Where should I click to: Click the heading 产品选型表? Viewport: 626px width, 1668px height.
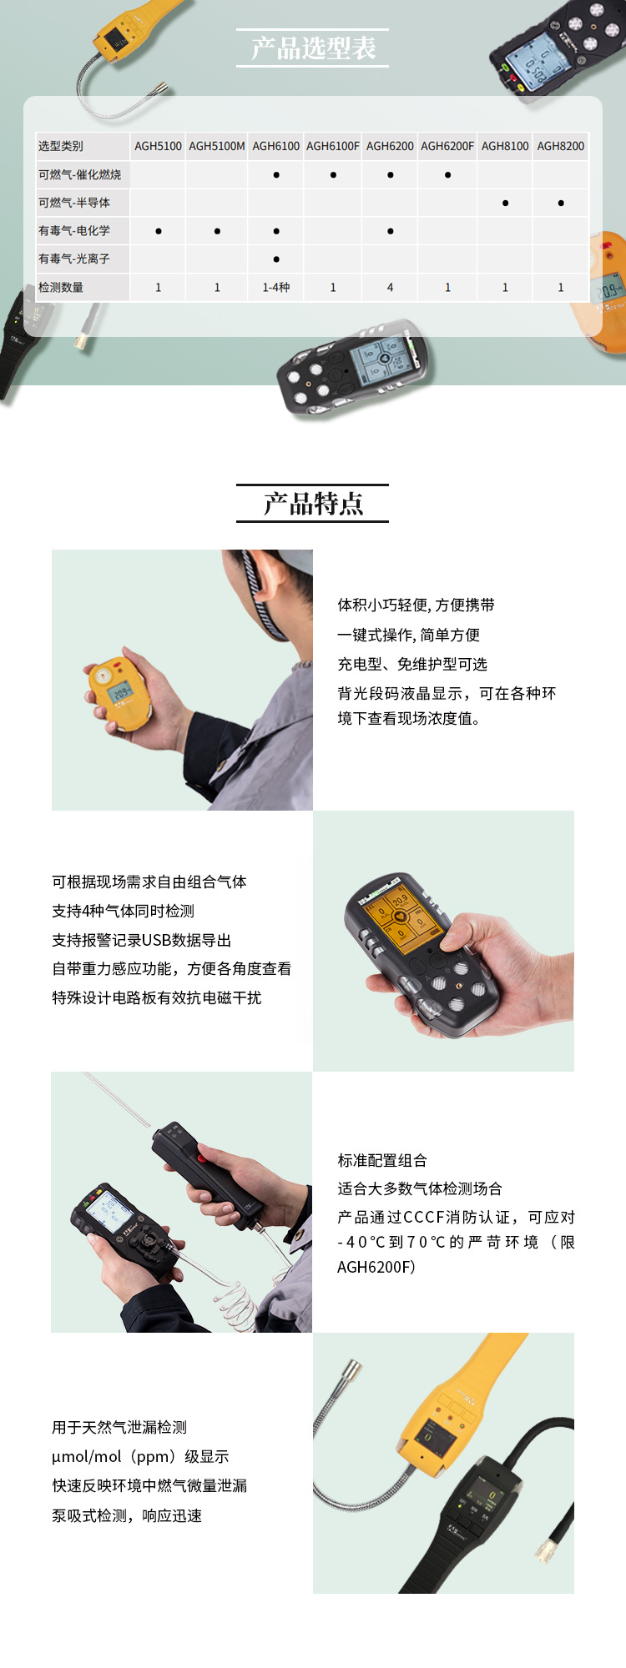(313, 48)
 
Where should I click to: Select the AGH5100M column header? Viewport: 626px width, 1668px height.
(217, 146)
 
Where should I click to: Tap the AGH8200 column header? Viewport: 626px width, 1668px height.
(561, 146)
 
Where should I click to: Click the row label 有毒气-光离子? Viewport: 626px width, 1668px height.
(74, 259)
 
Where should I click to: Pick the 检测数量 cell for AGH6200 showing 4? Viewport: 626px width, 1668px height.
(390, 287)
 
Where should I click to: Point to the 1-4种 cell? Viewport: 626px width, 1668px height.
(276, 287)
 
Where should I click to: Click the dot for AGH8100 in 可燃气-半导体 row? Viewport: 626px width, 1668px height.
(505, 203)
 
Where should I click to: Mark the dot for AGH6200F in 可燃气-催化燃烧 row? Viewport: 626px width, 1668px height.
(447, 175)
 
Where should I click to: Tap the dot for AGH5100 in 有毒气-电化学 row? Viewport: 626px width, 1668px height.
(159, 231)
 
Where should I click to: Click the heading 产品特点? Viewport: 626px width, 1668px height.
(313, 504)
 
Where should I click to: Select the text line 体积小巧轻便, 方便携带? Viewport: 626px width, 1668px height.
(416, 605)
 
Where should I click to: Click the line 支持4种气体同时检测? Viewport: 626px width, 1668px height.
(124, 911)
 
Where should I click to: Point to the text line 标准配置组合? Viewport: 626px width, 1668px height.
(382, 1160)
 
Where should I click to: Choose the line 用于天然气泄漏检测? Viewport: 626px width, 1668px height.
(119, 1427)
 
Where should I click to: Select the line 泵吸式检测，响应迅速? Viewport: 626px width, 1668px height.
(127, 1515)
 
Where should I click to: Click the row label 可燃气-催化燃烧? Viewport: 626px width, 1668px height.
(80, 174)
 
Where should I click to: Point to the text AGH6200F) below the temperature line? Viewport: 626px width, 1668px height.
(376, 1267)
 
